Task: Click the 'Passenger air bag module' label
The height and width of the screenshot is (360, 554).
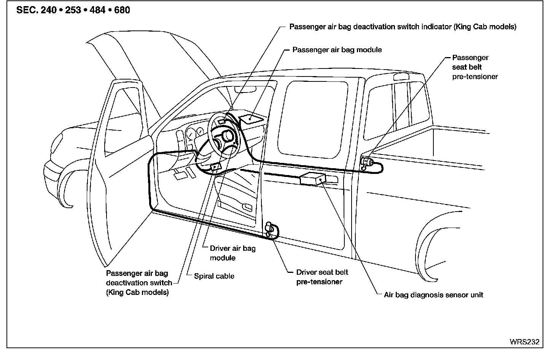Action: (x=337, y=50)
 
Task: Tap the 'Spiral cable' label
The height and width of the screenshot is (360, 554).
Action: (x=214, y=276)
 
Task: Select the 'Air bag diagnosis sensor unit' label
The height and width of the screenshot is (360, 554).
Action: (x=433, y=295)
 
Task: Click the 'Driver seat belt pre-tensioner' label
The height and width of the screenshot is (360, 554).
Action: (x=322, y=277)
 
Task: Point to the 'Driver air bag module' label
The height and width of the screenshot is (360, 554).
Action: (x=233, y=253)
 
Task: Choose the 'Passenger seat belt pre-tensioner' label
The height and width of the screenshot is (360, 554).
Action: (x=475, y=67)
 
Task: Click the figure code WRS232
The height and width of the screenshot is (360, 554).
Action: (x=524, y=342)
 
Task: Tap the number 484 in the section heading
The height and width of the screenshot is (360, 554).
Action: (x=97, y=10)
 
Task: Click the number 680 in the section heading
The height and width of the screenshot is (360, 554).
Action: (x=122, y=10)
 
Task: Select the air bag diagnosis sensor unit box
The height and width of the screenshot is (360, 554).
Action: (x=312, y=178)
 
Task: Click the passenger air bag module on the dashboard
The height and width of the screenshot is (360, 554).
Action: (x=251, y=119)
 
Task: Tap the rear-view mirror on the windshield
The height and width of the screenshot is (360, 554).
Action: (x=245, y=89)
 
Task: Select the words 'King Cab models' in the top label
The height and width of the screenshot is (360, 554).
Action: (x=485, y=27)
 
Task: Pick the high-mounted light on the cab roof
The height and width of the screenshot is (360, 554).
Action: (x=401, y=76)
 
